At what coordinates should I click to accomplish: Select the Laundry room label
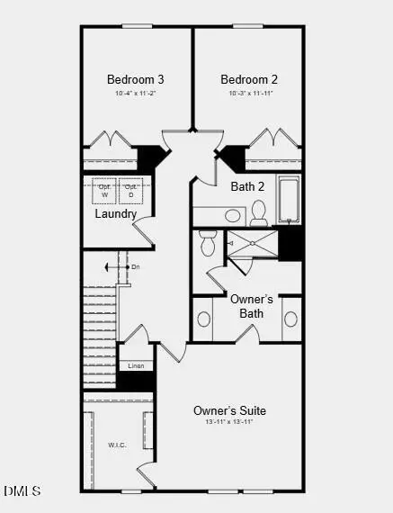(116, 214)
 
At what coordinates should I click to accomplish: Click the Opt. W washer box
(104, 192)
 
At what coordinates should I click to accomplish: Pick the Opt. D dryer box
(131, 192)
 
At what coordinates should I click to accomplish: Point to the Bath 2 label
(246, 187)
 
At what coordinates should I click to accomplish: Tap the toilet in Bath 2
(259, 212)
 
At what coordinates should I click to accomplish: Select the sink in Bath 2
(233, 216)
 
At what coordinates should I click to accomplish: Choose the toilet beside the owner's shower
(208, 243)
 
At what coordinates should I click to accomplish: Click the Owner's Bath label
(246, 306)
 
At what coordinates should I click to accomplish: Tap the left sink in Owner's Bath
(204, 319)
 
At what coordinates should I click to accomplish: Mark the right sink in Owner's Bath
(290, 319)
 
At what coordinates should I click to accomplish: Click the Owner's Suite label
(229, 411)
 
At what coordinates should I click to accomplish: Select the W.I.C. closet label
(118, 444)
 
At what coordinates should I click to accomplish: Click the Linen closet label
(136, 365)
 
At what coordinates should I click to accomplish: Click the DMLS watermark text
(22, 490)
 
